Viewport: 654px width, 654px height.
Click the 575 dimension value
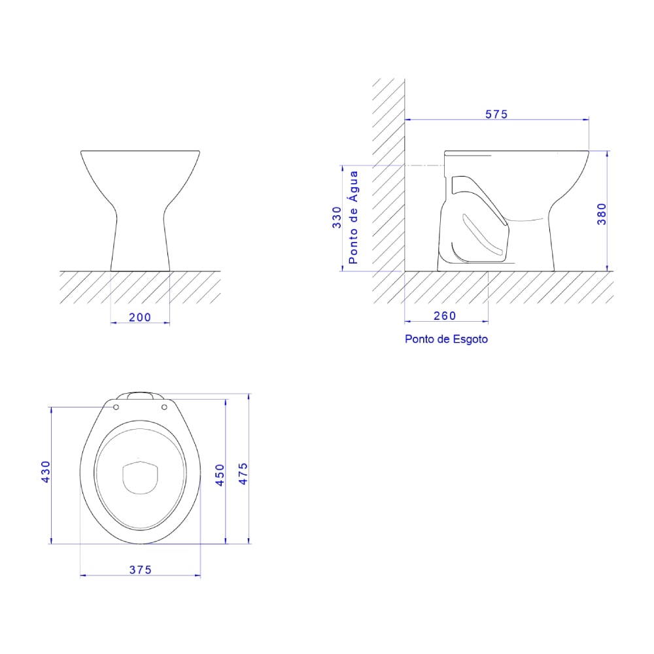pos(496,114)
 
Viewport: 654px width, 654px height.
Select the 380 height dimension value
pos(602,213)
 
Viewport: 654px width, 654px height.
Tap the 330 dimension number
pos(337,216)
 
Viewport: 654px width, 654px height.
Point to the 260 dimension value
pos(445,316)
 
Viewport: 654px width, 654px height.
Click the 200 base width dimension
pos(139,317)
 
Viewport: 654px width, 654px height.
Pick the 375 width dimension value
pos(140,570)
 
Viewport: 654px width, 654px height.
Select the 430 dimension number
pos(45,472)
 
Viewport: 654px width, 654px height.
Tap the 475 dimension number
pos(243,473)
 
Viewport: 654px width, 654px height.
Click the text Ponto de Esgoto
pos(446,339)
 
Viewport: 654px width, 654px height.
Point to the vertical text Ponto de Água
pos(353,217)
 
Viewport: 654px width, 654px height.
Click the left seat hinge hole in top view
pos(116,407)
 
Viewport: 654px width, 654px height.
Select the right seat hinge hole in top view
pos(164,407)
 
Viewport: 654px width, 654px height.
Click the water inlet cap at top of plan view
pos(140,395)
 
